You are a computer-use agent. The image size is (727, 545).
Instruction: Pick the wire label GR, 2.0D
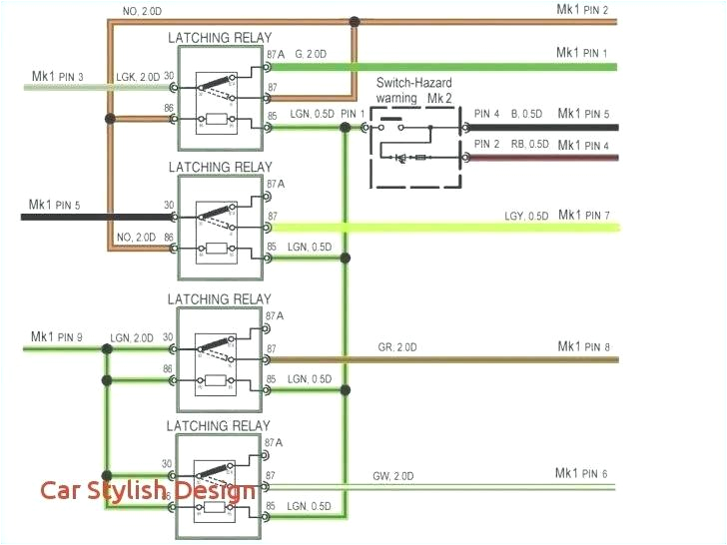pos(396,347)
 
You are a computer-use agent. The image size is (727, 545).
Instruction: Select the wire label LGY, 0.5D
pos(525,216)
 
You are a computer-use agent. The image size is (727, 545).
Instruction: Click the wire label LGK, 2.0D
pos(137,77)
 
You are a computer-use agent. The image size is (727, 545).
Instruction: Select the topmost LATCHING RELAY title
pos(219,38)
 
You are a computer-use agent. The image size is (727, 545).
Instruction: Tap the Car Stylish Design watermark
pos(147,490)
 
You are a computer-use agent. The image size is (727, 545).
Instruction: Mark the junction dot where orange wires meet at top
pos(355,20)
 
